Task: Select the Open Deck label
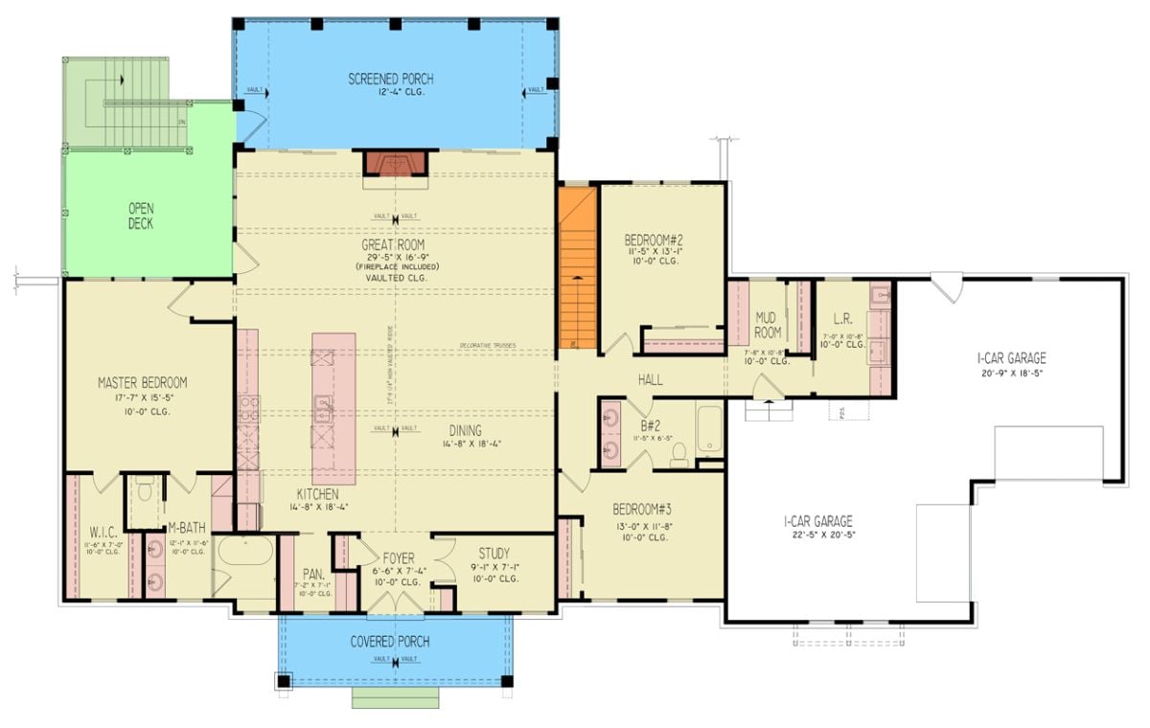(141, 216)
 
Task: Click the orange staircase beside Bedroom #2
(578, 266)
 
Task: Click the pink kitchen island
(333, 407)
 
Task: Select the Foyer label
(399, 557)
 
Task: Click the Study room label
(494, 554)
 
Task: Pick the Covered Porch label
(389, 641)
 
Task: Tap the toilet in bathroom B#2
(679, 458)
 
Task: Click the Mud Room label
(766, 325)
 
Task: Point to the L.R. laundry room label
(843, 317)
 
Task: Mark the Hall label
(651, 380)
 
